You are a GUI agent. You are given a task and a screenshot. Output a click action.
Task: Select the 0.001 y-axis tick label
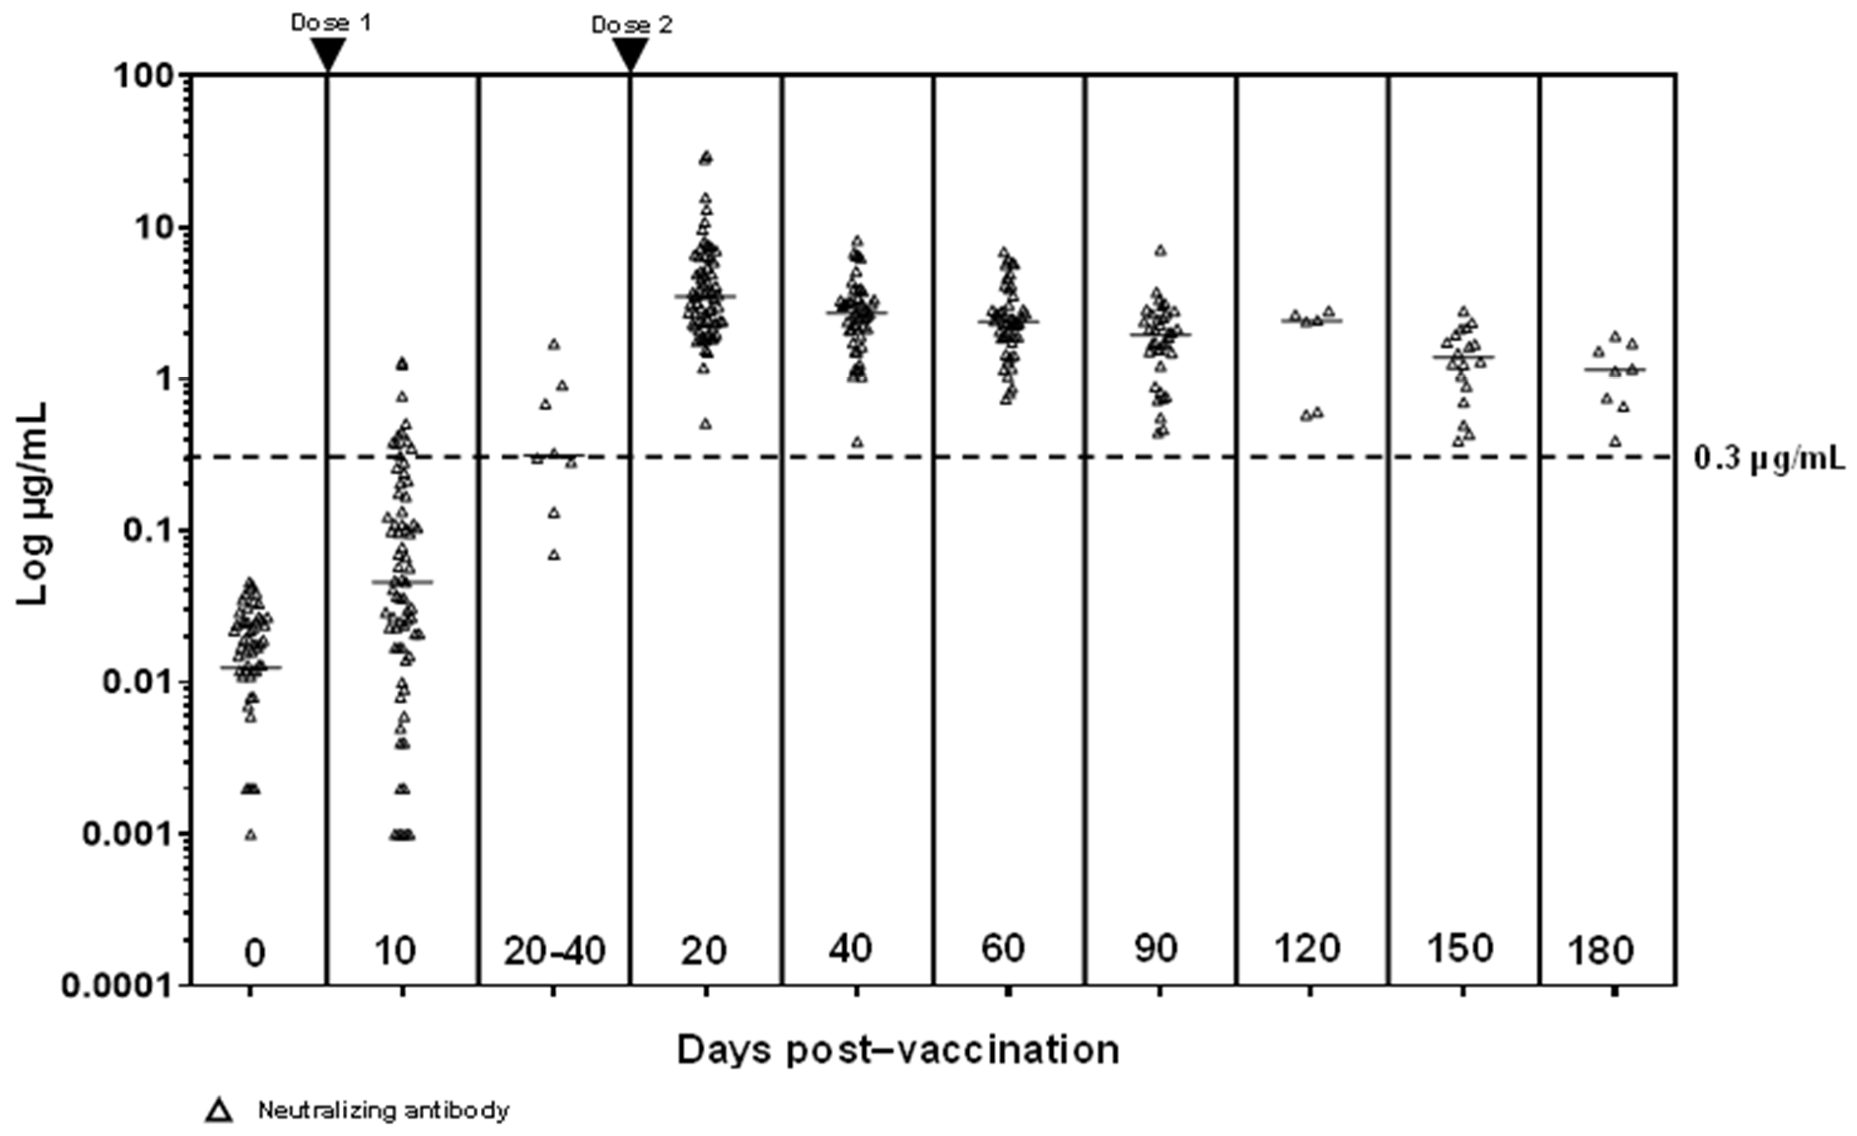(x=121, y=834)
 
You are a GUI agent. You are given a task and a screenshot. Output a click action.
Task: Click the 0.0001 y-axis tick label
(x=114, y=986)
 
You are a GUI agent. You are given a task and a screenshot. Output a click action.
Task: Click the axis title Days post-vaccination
(x=898, y=1049)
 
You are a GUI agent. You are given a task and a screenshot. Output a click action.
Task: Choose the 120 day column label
(x=1307, y=948)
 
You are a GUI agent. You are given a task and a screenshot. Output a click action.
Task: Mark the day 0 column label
(x=255, y=954)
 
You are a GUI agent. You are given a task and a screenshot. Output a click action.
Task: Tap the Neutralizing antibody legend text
(x=384, y=1110)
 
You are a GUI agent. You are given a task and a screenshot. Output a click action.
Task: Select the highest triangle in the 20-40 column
(x=554, y=345)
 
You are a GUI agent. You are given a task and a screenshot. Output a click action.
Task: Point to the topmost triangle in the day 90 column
(x=1160, y=250)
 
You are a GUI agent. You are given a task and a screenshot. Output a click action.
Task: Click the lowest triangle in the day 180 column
(x=1615, y=441)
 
